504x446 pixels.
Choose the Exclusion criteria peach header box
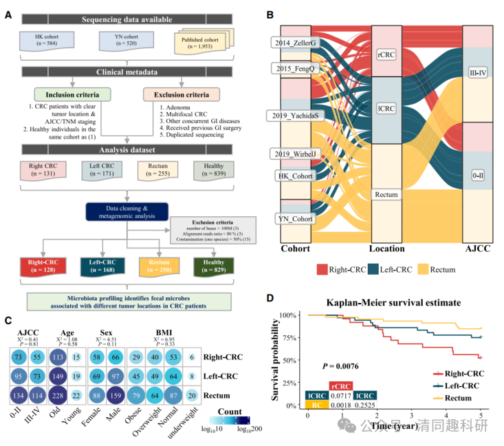182,93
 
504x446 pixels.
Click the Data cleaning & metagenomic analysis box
128,211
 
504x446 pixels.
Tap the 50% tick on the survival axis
290,361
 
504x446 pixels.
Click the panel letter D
270,298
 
